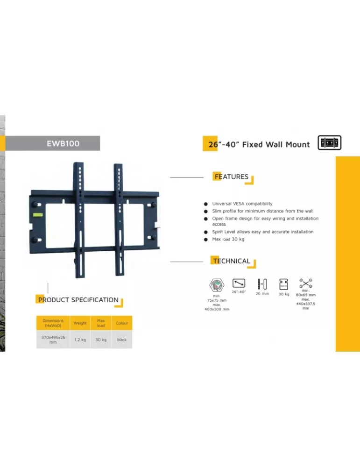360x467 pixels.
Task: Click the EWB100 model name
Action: [63, 143]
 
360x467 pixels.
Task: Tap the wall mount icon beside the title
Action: [329, 142]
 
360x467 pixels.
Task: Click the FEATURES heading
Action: [232, 177]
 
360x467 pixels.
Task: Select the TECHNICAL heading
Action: [232, 261]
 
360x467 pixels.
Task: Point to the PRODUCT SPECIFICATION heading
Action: [78, 300]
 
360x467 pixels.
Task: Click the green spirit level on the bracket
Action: [38, 214]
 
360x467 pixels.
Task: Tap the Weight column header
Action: [80, 323]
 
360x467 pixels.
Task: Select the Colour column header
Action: [122, 323]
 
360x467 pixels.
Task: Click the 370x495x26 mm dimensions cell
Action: [53, 340]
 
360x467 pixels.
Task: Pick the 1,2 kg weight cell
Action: [80, 340]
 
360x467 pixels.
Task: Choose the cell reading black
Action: [122, 340]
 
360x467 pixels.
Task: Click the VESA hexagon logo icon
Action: [217, 285]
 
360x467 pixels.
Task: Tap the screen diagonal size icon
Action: [239, 283]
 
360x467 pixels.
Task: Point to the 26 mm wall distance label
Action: [262, 294]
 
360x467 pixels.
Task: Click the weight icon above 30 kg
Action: [284, 284]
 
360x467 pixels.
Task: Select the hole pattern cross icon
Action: [306, 283]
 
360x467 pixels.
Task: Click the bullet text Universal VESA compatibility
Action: [242, 204]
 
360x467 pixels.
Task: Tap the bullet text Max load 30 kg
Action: [228, 239]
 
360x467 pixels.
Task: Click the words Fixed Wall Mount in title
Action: [276, 144]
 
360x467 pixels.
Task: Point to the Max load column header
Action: [101, 323]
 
